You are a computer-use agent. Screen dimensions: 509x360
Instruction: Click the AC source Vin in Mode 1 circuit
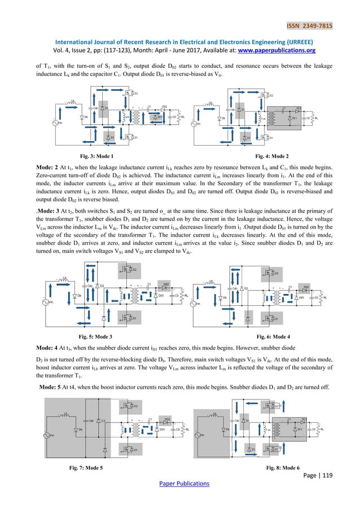tap(58, 121)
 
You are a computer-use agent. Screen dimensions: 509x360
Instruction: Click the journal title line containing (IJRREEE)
tap(180, 41)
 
